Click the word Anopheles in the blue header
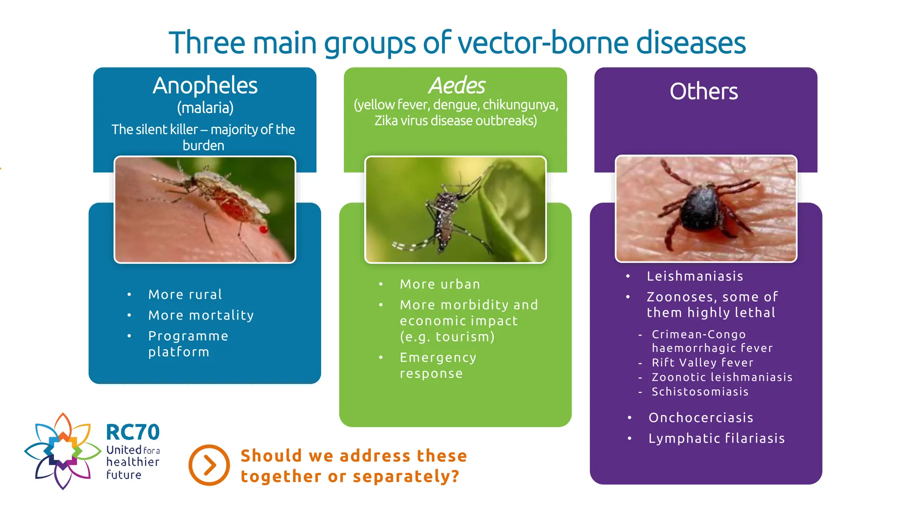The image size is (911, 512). pos(205,85)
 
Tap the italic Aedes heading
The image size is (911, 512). pos(456,85)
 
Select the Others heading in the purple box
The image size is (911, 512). pos(703,92)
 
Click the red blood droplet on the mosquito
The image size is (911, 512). pos(263,229)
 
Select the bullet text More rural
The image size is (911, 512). pos(185,295)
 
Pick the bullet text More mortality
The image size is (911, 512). pos(201,315)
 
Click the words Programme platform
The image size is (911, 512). pos(188,344)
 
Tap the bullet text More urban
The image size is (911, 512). pos(440,284)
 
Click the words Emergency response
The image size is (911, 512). pos(438,365)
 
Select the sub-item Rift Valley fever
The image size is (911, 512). pos(702,363)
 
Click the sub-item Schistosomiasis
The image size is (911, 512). pos(700,392)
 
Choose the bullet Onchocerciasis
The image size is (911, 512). pos(701,418)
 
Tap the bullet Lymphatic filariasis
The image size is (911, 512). pos(716,438)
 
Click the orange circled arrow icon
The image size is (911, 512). pos(209,465)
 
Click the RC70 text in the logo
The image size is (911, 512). pos(133,432)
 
